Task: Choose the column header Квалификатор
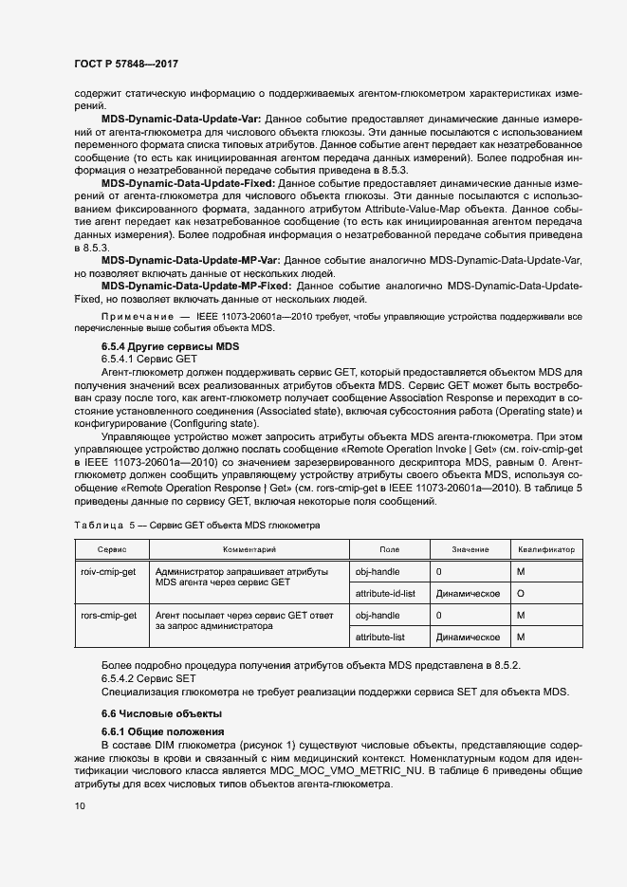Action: coord(546,549)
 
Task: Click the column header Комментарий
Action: coord(249,549)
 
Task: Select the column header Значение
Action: coord(470,549)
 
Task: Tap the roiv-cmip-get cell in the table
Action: coord(110,572)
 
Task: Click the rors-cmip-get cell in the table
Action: coord(110,616)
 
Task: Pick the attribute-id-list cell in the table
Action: coord(384,593)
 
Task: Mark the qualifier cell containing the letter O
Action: coord(521,593)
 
